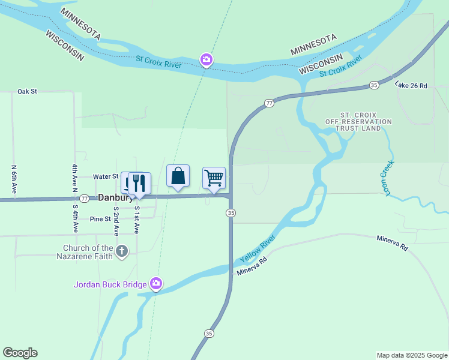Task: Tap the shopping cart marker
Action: [214, 178]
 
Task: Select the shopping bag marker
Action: [178, 176]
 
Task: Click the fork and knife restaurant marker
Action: [139, 183]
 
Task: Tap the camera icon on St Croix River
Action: [206, 59]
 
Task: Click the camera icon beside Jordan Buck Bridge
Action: [156, 284]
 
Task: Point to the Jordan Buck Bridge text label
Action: [110, 284]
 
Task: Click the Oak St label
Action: [28, 91]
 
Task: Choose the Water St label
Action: [106, 176]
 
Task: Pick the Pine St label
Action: [100, 219]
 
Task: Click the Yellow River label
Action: [257, 249]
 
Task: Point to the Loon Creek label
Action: [385, 178]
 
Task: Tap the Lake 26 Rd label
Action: [411, 86]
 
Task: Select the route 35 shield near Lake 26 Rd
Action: [374, 85]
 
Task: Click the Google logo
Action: [20, 352]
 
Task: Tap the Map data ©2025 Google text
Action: [411, 355]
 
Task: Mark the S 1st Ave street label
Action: [137, 220]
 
